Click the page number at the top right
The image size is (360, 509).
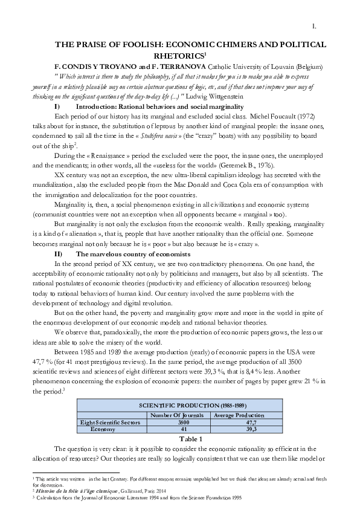coord(314,26)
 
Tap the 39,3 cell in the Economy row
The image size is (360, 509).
coord(241,429)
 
